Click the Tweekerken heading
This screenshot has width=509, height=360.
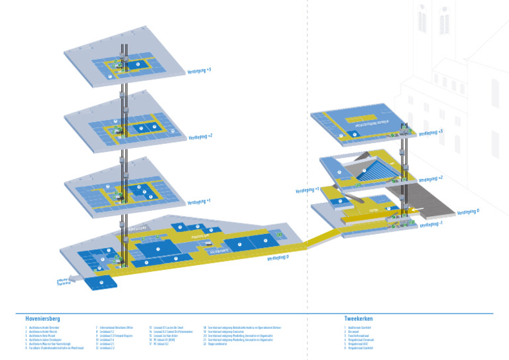(359, 318)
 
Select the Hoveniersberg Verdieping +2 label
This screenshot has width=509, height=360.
(200, 137)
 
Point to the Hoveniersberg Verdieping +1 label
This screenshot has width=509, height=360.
(199, 201)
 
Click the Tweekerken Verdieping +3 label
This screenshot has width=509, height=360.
(431, 133)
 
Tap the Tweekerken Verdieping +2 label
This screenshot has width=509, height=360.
(431, 178)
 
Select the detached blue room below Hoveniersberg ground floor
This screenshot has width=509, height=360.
(101, 283)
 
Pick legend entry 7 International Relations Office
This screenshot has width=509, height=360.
(114, 328)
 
